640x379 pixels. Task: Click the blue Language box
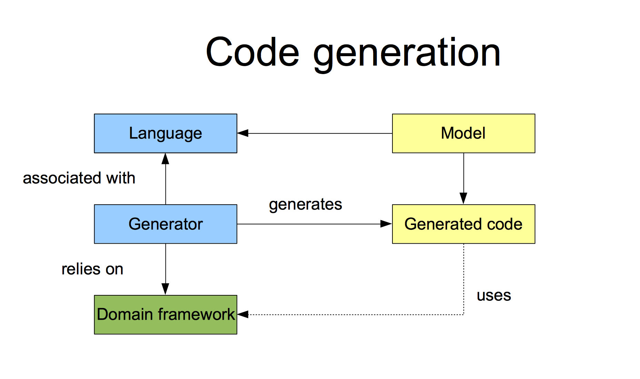coord(166,133)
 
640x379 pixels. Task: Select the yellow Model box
coord(463,133)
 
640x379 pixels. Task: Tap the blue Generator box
coord(166,224)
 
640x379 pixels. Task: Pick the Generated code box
coord(463,224)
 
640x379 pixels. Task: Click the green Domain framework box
coord(166,315)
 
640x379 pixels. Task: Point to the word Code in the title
coord(252,52)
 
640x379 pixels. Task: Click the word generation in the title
coord(407,53)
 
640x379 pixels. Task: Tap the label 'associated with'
coord(79,178)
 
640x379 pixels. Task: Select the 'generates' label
coord(306,204)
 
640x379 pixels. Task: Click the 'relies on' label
coord(92,269)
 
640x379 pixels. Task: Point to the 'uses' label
coord(494,296)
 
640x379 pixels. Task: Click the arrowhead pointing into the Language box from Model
coord(243,133)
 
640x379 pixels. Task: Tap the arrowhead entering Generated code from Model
coord(463,198)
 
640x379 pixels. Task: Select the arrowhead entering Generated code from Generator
coord(386,224)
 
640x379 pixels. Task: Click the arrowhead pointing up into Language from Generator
coord(166,159)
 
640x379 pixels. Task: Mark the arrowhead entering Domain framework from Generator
coord(166,289)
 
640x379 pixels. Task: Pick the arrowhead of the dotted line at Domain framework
coord(243,315)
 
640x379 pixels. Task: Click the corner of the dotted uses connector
coord(463,315)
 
